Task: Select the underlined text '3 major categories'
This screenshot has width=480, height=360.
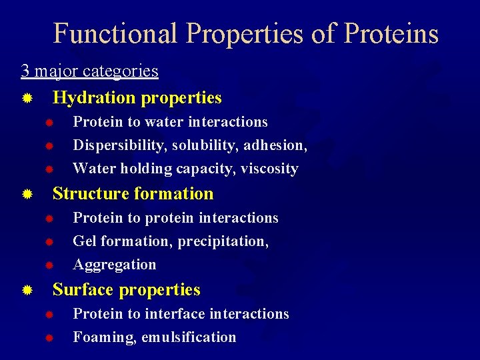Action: (89, 71)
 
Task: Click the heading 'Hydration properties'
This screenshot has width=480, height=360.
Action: (137, 98)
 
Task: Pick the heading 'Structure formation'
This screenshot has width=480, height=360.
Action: (133, 194)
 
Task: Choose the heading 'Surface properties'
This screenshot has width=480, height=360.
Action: (126, 290)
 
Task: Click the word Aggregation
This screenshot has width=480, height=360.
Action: (114, 265)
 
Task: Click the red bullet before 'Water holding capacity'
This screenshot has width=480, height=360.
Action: (49, 169)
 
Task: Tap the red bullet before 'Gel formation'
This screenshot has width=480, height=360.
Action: (49, 241)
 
